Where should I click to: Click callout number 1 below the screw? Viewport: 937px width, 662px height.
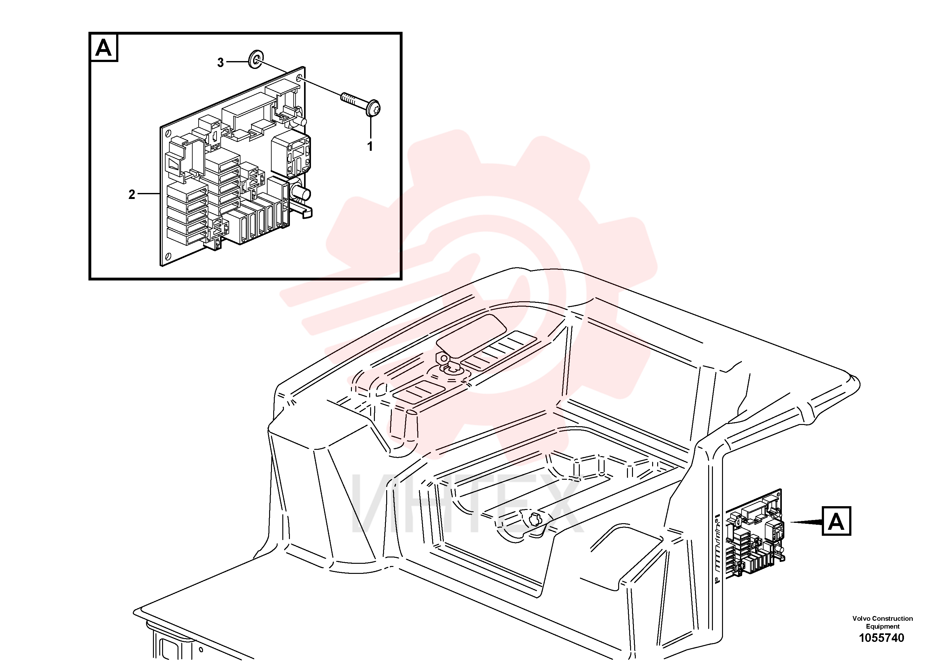370,146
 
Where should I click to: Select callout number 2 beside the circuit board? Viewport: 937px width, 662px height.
132,195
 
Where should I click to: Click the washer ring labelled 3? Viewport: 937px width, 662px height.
256,59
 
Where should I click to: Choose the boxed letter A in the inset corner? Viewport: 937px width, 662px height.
104,48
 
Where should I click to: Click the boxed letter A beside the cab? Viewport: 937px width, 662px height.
836,521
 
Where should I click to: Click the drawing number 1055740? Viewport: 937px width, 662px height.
882,637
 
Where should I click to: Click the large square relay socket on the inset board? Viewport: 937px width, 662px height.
291,155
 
